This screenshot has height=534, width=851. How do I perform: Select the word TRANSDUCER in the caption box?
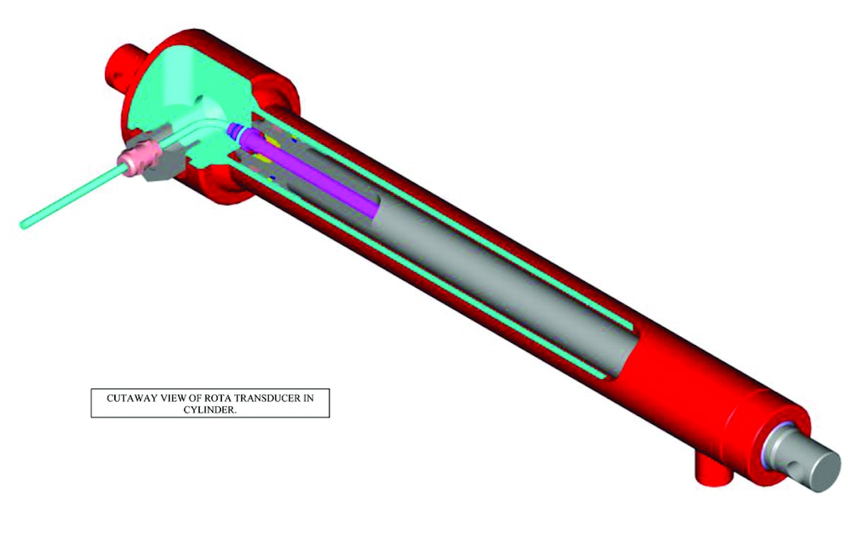tap(267, 398)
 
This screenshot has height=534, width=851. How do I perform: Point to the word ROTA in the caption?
tap(218, 398)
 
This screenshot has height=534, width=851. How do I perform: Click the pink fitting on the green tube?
tap(138, 163)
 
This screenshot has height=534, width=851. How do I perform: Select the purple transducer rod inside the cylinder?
tap(312, 178)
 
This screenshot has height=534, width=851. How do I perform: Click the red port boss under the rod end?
tap(709, 472)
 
